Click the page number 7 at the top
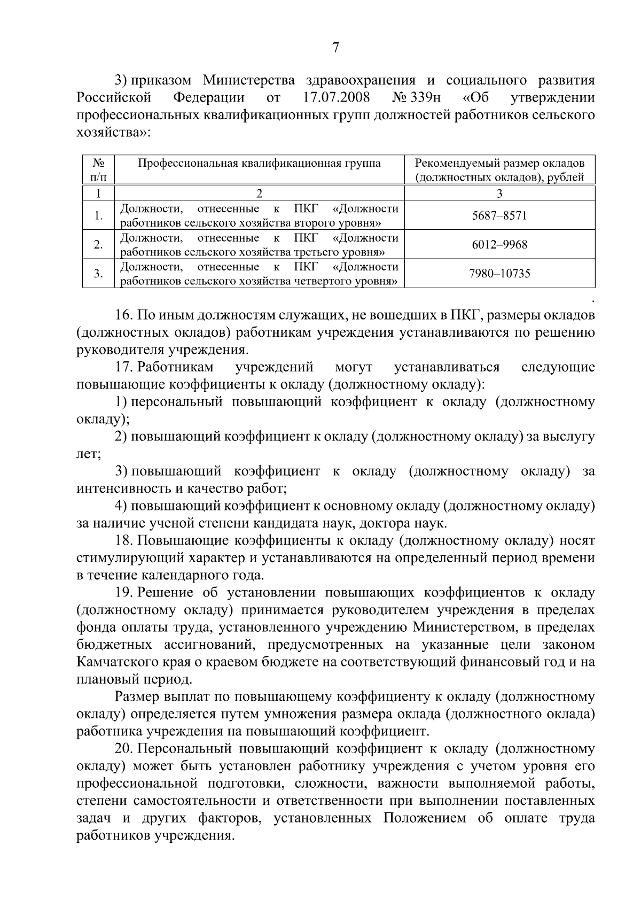click(x=335, y=49)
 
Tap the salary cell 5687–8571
click(x=499, y=216)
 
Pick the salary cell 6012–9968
click(x=499, y=245)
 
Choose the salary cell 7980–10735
click(x=499, y=274)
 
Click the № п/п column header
click(x=98, y=170)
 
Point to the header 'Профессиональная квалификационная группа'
click(x=259, y=164)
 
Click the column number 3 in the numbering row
click(x=499, y=193)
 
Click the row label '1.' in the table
click(x=98, y=216)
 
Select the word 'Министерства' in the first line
click(x=249, y=81)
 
